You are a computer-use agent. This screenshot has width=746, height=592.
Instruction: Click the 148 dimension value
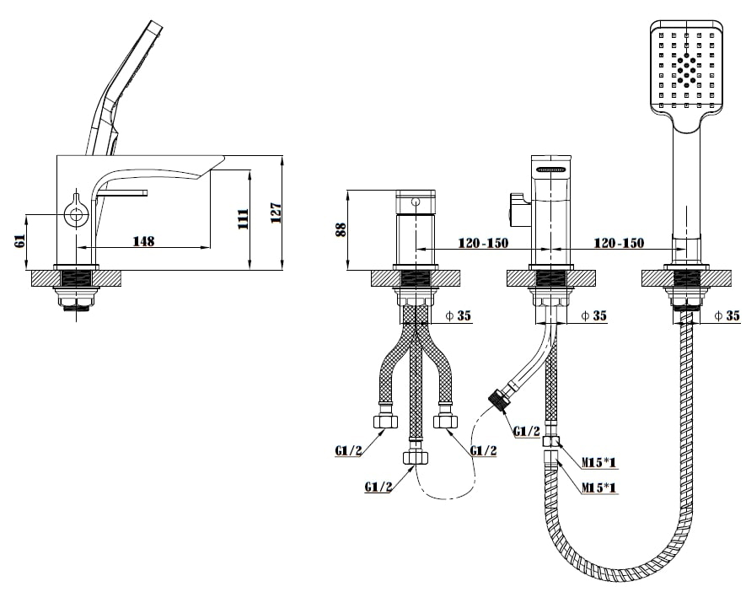[x=144, y=241]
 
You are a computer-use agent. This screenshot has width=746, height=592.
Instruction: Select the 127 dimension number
[x=276, y=213]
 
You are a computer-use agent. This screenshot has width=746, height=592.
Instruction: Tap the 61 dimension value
[x=19, y=242]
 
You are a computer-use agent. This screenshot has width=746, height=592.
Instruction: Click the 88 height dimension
[x=341, y=229]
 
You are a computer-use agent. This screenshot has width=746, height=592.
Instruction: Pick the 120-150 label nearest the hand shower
[x=620, y=243]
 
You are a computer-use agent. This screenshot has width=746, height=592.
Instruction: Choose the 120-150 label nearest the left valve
[x=483, y=243]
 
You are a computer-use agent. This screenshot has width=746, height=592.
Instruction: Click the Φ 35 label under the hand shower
[x=727, y=316]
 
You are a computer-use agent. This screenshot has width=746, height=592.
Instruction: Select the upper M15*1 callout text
[x=600, y=461]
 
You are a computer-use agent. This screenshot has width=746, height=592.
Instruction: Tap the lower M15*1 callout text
[x=600, y=487]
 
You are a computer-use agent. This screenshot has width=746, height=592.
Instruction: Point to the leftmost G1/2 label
[x=348, y=450]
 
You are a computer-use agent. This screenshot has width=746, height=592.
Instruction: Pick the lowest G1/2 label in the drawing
[x=378, y=487]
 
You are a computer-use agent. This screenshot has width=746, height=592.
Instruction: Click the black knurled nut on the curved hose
[x=498, y=398]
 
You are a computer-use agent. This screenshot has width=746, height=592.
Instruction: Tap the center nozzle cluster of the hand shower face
[x=688, y=71]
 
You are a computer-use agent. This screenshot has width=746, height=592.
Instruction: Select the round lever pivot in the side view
[x=77, y=214]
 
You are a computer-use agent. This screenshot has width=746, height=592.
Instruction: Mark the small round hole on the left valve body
[x=415, y=202]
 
